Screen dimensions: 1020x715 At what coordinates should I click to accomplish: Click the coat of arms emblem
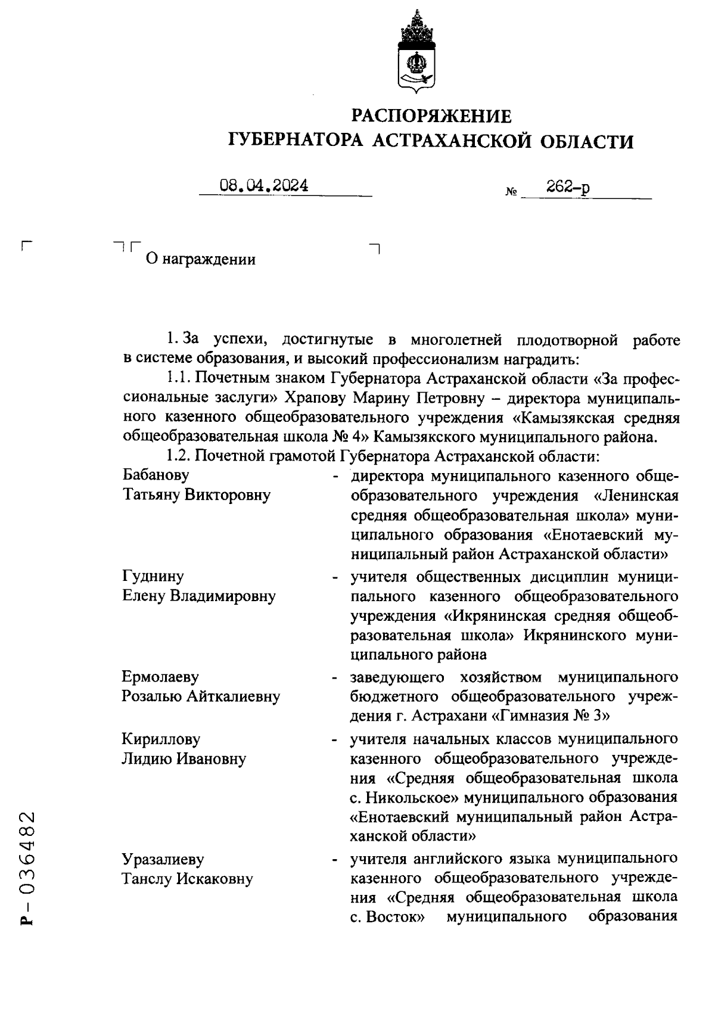click(416, 51)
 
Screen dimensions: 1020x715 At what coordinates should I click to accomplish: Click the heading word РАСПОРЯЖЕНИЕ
click(431, 115)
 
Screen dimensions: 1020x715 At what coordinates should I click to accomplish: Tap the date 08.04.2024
click(264, 186)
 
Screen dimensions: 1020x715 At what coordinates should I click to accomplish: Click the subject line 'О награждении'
click(201, 260)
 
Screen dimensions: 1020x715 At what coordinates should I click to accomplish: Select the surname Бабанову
click(156, 475)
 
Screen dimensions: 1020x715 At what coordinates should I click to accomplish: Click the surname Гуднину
click(153, 576)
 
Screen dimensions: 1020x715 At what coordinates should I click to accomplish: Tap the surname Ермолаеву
click(161, 677)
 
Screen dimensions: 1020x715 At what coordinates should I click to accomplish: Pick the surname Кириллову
click(161, 739)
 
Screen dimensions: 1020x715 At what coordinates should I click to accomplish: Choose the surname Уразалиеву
click(163, 859)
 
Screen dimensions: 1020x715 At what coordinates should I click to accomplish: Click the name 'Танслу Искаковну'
click(188, 879)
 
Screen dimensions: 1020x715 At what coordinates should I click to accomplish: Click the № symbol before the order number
click(511, 192)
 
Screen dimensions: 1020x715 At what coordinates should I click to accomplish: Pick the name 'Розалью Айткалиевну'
click(201, 696)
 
